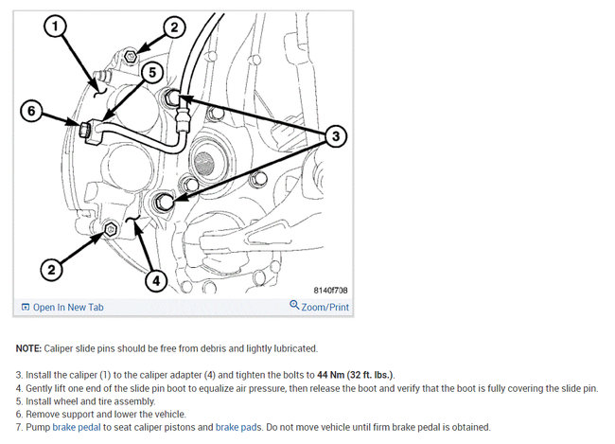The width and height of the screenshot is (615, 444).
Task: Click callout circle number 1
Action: [55, 27]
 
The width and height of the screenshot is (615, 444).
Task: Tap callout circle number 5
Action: [151, 72]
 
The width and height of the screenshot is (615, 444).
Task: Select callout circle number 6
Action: [31, 111]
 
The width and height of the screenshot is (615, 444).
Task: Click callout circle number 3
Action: [336, 136]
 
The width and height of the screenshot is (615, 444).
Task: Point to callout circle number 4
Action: [156, 280]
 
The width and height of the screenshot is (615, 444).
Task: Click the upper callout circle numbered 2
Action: [174, 27]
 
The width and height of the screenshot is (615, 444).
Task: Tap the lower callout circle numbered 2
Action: [51, 270]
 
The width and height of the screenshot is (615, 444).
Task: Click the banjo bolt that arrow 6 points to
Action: [85, 129]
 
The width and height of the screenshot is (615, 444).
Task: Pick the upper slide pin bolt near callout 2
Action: [131, 57]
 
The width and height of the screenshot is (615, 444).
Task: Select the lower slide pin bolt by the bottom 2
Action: [111, 229]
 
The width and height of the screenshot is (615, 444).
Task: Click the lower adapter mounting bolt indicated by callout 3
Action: [163, 203]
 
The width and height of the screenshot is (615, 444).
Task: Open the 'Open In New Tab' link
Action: [62, 307]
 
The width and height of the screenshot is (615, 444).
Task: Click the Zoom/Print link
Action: [325, 307]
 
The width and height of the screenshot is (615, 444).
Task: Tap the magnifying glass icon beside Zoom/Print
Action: [294, 305]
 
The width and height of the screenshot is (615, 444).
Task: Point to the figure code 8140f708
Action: [330, 290]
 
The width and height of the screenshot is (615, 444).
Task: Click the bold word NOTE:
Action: [28, 348]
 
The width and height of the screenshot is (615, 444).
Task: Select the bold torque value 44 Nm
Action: [330, 375]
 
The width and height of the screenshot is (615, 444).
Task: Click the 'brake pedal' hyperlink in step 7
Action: [77, 427]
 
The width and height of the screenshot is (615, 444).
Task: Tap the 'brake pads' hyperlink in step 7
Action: [238, 427]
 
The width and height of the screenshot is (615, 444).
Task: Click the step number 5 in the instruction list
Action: [19, 401]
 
